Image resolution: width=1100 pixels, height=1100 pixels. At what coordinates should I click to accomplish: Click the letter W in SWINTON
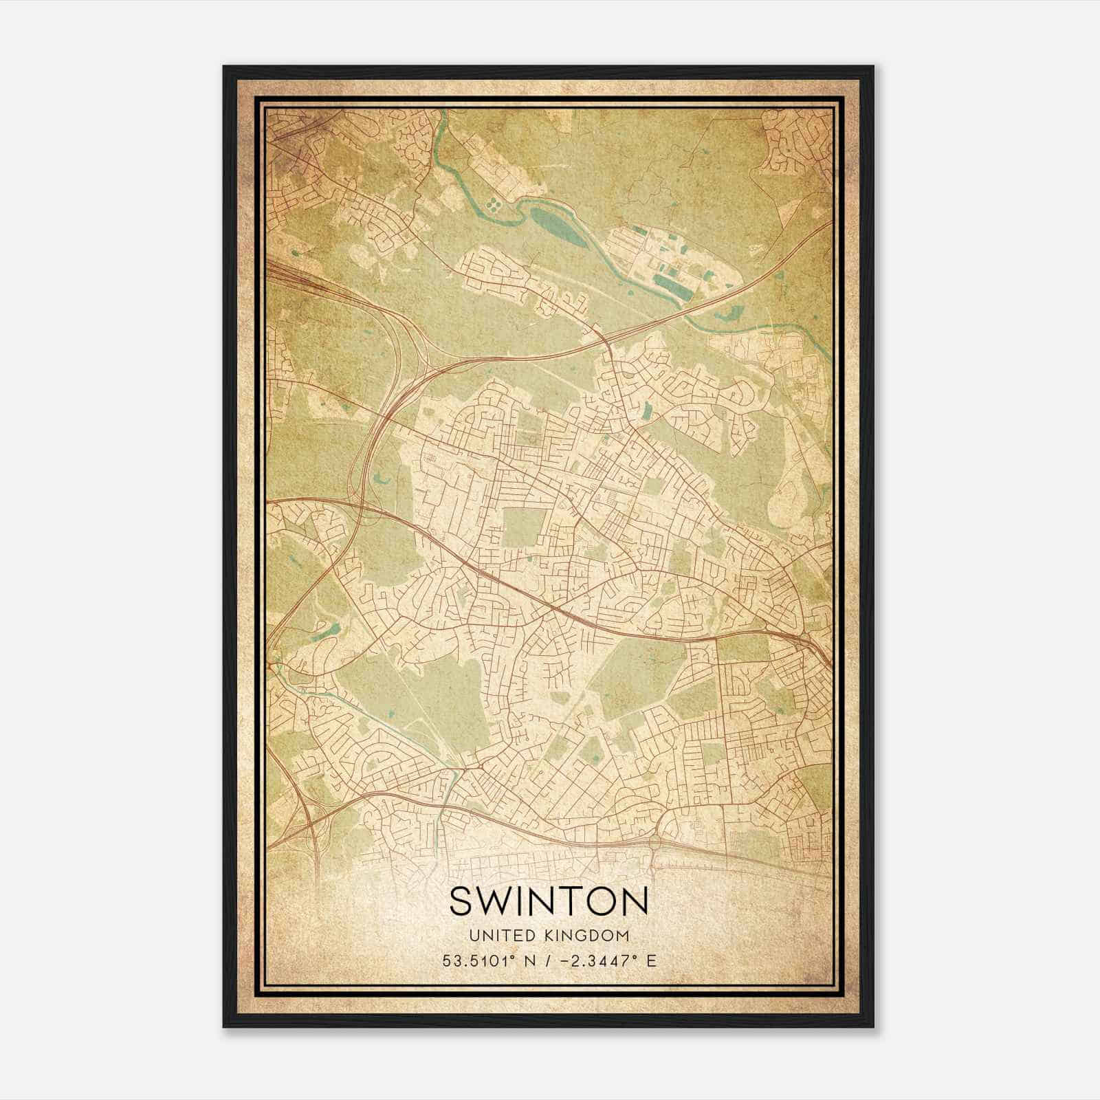tap(492, 901)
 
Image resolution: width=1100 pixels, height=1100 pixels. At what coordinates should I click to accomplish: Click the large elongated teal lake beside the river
tap(551, 220)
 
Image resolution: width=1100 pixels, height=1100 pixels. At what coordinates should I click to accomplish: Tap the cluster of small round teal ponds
tap(494, 205)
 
